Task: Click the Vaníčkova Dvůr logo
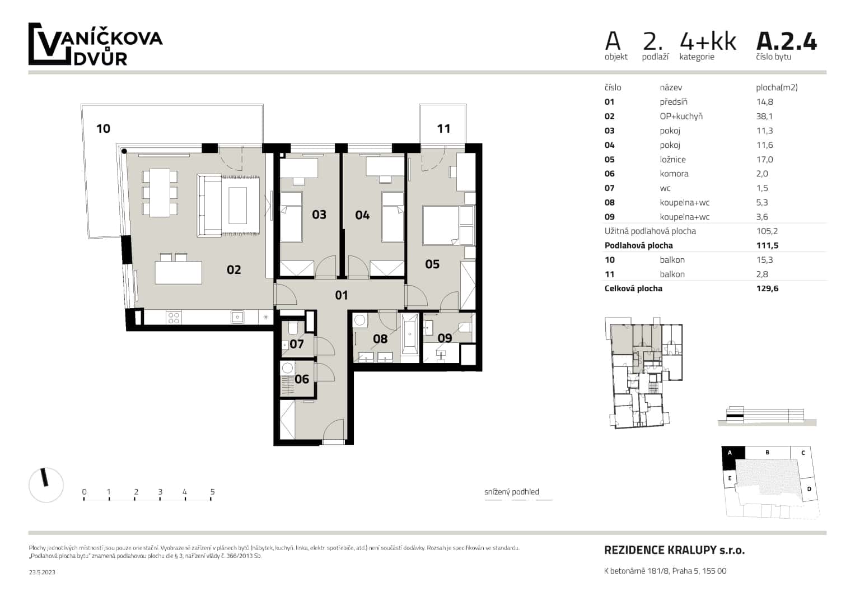point(95,45)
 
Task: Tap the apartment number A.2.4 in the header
point(786,41)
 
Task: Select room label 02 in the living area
point(233,270)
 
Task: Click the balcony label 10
point(103,129)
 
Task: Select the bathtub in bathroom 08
point(410,334)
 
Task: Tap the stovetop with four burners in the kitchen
point(174,318)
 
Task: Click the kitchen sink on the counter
point(237,317)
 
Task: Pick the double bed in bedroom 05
point(448,225)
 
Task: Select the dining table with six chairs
point(160,193)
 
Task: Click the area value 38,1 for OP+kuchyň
point(764,117)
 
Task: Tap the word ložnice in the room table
point(672,160)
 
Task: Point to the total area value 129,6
point(767,288)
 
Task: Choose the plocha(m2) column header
point(776,87)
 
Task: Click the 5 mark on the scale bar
point(212,492)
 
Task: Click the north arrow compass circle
point(46,485)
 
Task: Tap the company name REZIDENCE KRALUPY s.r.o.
point(674,550)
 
